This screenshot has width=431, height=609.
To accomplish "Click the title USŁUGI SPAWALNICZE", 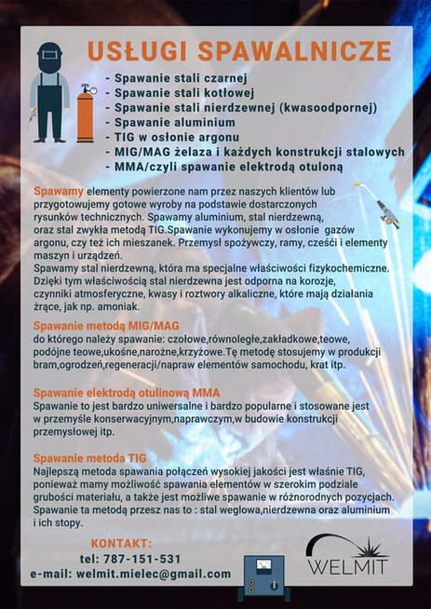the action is (x=239, y=50).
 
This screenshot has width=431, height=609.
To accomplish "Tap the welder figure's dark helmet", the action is (x=49, y=57).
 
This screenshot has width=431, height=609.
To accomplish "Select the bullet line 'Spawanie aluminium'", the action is (x=176, y=122).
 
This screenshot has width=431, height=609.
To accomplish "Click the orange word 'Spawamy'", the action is (x=58, y=191).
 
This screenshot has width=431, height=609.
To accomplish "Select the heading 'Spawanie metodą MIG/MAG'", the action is (x=105, y=326).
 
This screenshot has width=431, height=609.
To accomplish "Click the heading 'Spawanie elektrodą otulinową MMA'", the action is (x=127, y=392).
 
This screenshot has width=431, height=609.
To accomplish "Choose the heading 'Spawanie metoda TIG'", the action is (x=89, y=458).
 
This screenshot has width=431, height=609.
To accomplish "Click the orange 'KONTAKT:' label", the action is (x=121, y=543).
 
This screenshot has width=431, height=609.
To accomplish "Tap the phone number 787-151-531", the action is (x=130, y=559).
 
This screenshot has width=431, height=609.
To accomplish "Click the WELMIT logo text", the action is (x=349, y=565).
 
